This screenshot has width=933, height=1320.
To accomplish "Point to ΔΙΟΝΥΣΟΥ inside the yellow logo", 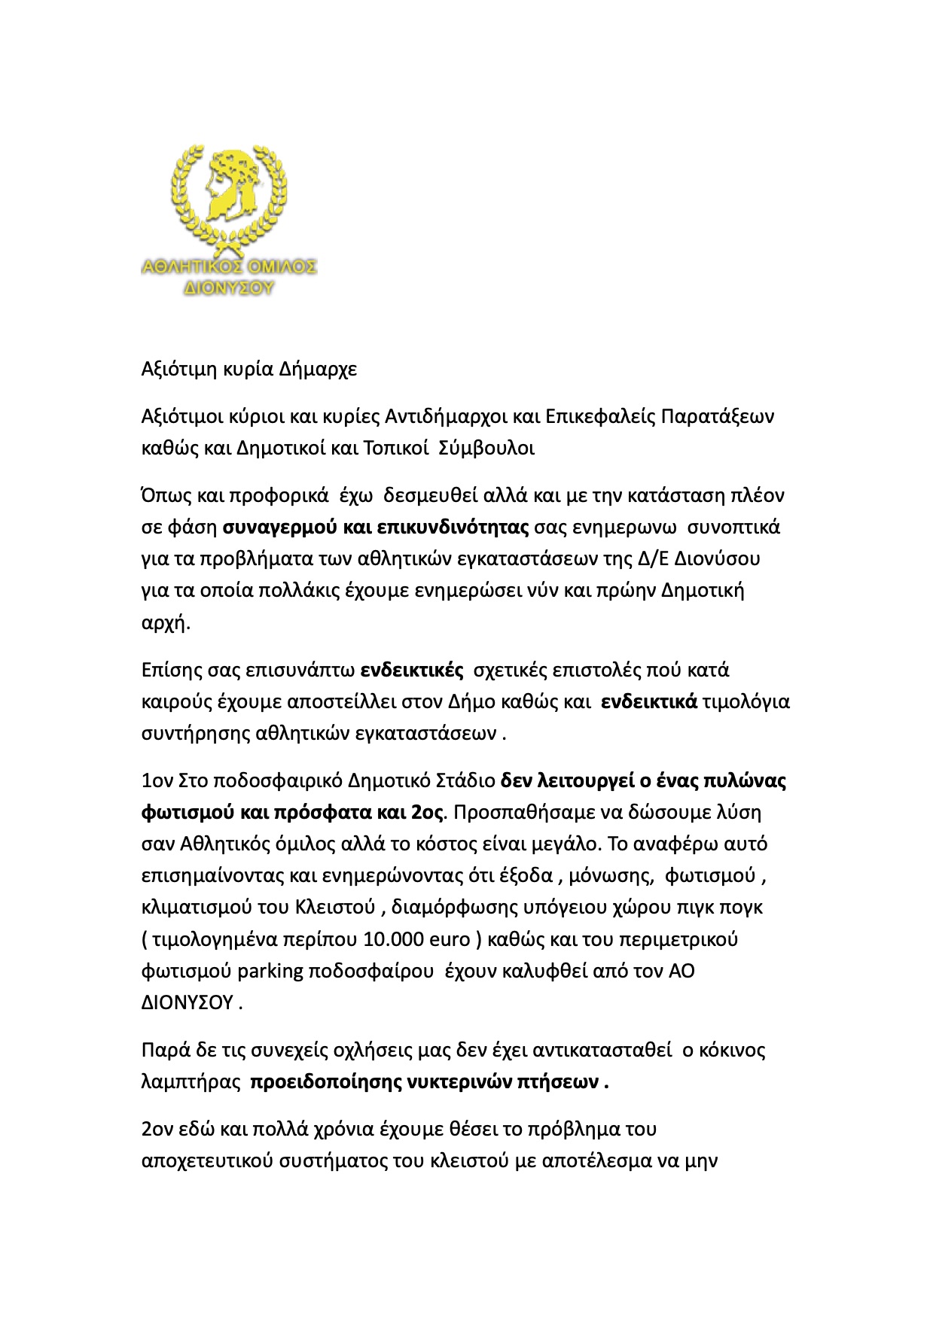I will tap(229, 287).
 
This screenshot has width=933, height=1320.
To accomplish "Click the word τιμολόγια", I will tap(745, 702).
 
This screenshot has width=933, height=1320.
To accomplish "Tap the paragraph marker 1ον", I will tap(157, 780).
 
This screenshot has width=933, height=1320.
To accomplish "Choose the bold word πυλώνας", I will tap(743, 780).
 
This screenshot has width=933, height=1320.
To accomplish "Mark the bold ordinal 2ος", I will tap(429, 813).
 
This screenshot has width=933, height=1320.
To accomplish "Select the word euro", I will tap(449, 940).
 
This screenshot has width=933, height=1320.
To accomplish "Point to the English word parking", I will tap(270, 972).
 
